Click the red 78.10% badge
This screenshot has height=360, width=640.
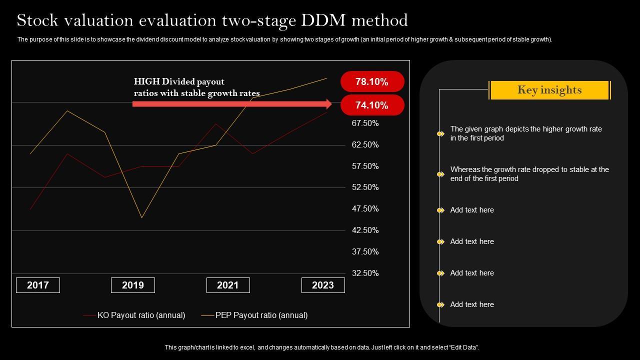372,81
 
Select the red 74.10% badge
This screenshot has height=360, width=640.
372,105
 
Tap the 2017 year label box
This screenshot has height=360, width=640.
38,285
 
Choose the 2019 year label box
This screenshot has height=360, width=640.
133,285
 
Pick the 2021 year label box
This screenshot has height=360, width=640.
228,285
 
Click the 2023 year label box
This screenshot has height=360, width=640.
323,285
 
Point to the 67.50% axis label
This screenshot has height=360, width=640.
365,123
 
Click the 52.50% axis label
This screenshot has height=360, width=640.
365,187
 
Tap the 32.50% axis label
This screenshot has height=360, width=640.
365,273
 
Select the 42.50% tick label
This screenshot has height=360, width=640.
365,230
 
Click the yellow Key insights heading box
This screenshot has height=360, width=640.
549,90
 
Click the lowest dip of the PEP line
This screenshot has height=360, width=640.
142,217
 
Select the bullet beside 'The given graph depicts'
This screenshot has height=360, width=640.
440,133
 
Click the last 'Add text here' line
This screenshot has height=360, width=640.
472,304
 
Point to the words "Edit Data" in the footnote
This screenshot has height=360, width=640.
462,347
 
